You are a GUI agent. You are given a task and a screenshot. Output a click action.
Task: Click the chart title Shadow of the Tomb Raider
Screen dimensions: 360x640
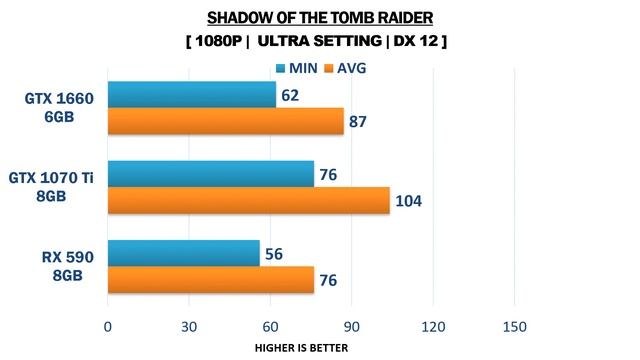319,17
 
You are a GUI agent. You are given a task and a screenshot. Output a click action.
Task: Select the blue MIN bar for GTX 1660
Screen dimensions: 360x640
191,95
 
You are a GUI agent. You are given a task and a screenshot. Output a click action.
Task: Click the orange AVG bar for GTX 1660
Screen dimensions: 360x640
225,121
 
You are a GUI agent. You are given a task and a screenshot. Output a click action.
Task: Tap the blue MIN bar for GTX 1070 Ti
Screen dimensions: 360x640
210,174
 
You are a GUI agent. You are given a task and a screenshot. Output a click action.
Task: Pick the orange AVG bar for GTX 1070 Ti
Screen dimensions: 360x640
248,201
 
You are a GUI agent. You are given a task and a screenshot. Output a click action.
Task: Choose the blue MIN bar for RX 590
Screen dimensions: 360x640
183,254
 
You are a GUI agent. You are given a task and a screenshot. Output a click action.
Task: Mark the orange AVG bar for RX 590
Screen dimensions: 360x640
210,280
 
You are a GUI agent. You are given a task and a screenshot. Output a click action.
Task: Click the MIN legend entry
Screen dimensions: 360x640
295,68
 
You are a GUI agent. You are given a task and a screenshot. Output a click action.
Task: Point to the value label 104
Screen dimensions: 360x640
408,201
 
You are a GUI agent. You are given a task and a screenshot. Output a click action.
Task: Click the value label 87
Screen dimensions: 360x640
359,122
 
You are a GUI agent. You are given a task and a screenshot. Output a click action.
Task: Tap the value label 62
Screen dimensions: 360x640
292,96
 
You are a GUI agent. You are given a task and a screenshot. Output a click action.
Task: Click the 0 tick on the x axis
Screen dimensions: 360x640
108,327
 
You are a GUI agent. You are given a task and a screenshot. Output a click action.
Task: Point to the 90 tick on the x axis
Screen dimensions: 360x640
351,327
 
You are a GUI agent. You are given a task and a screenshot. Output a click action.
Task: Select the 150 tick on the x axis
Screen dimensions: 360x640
514,327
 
